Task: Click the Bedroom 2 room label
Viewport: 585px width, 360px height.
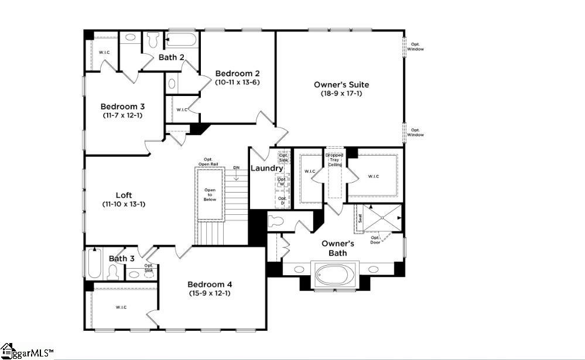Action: coord(237,74)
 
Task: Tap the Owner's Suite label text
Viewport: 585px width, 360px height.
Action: coord(341,85)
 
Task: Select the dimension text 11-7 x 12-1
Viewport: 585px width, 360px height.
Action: coord(122,115)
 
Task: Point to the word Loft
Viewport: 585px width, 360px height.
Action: coord(124,195)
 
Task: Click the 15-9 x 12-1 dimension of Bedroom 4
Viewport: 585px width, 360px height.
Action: coord(209,293)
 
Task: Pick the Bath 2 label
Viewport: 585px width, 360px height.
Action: coord(172,57)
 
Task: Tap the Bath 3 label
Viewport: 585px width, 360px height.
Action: coord(121,259)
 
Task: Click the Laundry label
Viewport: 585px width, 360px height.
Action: coord(267,168)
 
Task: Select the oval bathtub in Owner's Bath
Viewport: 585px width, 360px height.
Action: coord(333,275)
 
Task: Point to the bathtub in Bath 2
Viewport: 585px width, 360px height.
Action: coord(182,40)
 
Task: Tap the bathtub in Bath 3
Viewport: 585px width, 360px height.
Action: coord(94,263)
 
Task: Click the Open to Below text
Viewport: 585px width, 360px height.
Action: coord(210,195)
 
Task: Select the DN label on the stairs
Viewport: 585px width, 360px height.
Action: coord(236,168)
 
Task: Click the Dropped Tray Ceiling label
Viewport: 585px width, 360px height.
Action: coord(334,160)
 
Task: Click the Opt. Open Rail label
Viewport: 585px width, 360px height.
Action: coord(207,162)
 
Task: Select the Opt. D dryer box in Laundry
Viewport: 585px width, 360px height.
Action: coord(282,201)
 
